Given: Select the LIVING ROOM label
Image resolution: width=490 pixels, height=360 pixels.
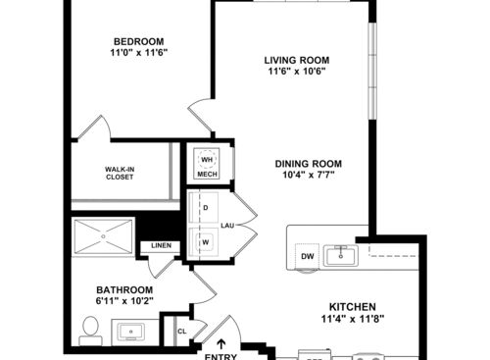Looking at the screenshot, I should click(x=294, y=58).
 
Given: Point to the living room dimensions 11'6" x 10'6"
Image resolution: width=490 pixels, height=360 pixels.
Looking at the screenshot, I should click(x=294, y=71).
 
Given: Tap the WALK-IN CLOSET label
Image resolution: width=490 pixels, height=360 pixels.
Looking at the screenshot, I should click(x=120, y=175).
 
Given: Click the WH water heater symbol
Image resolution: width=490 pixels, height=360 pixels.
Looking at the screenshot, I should click(x=207, y=159).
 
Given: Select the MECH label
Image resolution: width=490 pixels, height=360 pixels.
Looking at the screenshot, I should click(x=207, y=175).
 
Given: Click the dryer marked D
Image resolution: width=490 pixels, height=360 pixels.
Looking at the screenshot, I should click(x=206, y=208).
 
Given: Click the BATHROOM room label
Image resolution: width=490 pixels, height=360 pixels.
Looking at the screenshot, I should click(x=124, y=290).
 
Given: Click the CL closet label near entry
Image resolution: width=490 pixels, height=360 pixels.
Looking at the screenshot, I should click(x=182, y=332).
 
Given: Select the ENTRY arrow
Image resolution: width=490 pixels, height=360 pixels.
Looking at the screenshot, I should click(x=221, y=344).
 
